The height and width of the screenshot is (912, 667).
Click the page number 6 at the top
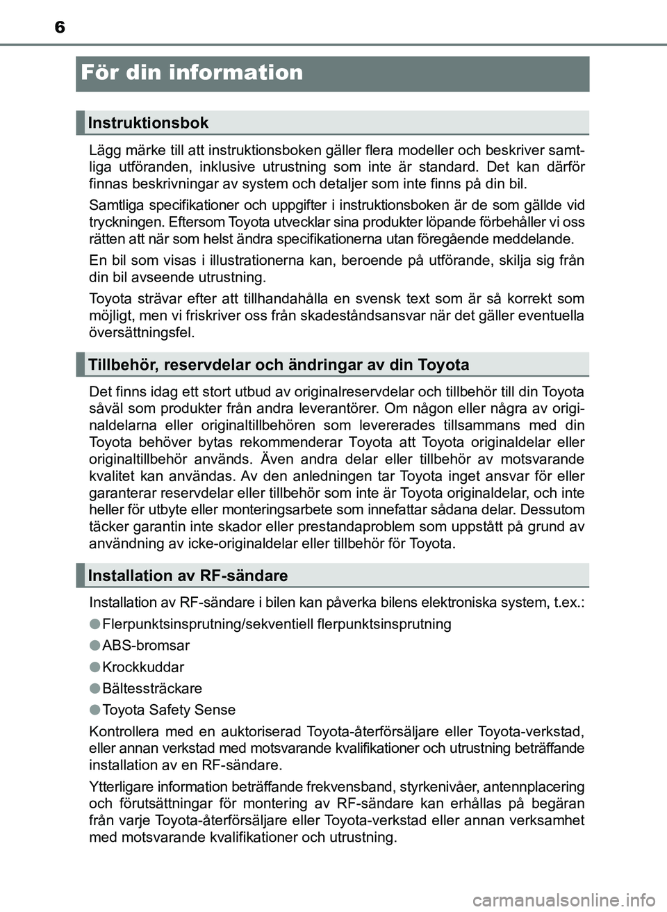click(x=60, y=27)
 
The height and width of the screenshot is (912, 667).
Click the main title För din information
click(x=192, y=72)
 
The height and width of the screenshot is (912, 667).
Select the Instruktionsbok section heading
click(x=148, y=123)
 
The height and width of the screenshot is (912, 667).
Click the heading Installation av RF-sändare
click(x=188, y=576)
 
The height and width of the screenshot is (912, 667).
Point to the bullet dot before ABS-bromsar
click(x=94, y=645)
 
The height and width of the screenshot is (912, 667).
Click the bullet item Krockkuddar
click(x=143, y=667)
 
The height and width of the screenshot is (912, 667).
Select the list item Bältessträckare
click(x=152, y=689)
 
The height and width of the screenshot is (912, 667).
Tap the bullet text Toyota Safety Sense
click(x=169, y=710)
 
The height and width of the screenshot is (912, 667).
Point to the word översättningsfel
click(x=142, y=332)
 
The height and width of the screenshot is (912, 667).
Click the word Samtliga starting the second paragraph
click(x=115, y=205)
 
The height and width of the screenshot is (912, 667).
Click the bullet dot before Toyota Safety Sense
click(x=94, y=710)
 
